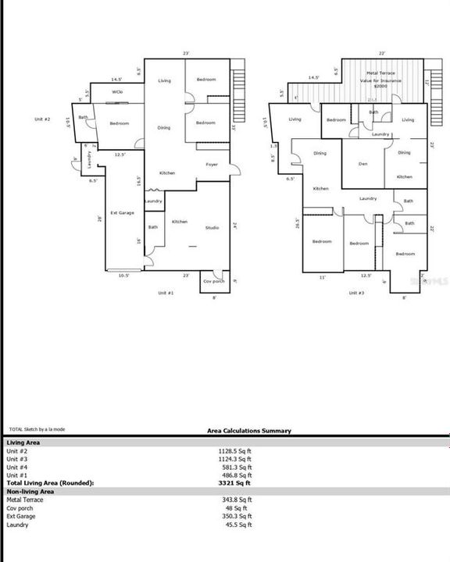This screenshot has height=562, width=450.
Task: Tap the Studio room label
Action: (212, 228)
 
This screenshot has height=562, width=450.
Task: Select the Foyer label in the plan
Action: (212, 165)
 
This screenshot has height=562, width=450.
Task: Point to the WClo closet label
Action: (117, 92)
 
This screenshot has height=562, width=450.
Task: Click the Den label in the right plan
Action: (363, 164)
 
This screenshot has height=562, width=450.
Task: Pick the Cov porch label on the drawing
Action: (212, 281)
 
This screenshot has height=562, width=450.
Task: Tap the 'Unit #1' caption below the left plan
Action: (165, 292)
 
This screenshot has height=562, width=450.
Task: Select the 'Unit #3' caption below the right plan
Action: (356, 292)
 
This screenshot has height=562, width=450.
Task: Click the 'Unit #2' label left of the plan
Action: (42, 119)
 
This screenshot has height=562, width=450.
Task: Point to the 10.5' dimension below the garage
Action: (123, 276)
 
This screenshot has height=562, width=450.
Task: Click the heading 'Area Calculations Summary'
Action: (249, 431)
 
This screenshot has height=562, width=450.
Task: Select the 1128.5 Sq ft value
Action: (234, 451)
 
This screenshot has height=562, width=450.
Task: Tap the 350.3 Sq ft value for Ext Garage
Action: (234, 516)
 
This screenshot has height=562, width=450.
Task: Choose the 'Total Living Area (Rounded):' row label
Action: (50, 483)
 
